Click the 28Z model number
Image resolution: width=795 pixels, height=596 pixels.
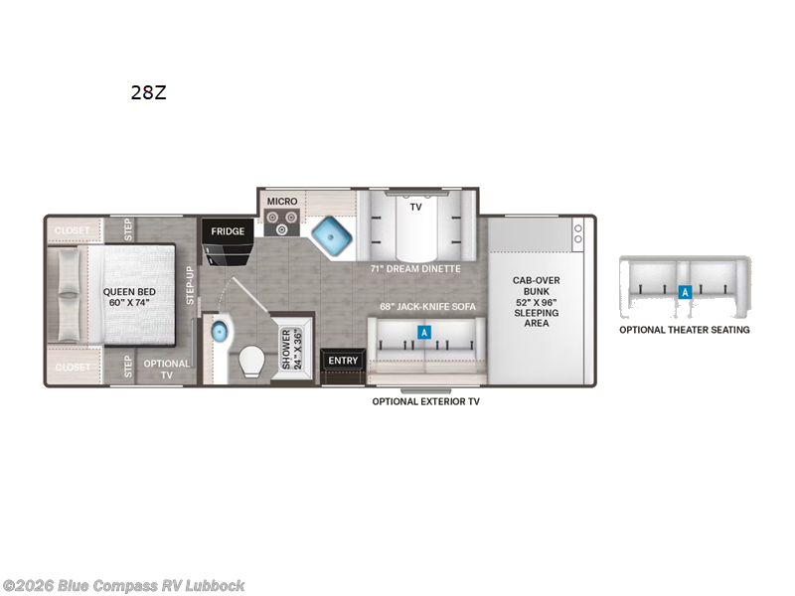click(148, 92)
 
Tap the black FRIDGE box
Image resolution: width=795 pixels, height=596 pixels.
click(228, 231)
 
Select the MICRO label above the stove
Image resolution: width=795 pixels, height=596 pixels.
click(282, 202)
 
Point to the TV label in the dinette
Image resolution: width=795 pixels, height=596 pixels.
click(415, 207)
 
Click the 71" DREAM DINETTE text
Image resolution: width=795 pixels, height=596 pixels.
click(415, 268)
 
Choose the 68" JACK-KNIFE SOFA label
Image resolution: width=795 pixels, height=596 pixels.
click(428, 307)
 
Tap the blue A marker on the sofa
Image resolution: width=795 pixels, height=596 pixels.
click(424, 333)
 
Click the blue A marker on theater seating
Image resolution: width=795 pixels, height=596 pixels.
click(685, 292)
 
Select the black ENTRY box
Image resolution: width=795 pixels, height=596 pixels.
click(343, 361)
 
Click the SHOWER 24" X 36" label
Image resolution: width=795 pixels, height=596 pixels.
click(291, 350)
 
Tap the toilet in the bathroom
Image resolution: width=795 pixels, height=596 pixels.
click(251, 362)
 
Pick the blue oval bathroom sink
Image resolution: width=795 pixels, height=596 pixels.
click(219, 333)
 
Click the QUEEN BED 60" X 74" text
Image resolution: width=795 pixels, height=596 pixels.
click(129, 297)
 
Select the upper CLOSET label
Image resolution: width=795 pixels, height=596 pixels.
click(72, 230)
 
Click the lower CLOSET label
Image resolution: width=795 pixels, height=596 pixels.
click(72, 367)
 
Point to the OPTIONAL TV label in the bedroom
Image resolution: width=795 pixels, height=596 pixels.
click(166, 370)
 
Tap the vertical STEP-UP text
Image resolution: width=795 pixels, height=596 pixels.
click(190, 285)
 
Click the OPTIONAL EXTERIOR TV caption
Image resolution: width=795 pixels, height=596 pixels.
click(426, 401)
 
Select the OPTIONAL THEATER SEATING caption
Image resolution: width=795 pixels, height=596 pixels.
click(685, 330)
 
